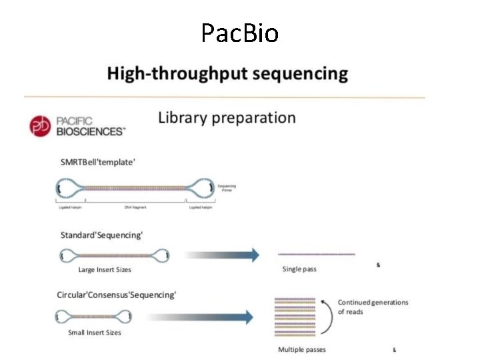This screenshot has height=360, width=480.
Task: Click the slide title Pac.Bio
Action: click(239, 32)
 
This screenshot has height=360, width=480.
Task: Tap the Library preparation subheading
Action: click(227, 118)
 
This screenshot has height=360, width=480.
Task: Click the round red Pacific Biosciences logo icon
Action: click(40, 126)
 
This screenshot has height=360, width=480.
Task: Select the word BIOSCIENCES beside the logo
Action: click(89, 131)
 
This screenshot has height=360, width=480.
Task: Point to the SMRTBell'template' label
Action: click(98, 162)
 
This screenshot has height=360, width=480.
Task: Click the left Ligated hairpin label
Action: click(69, 208)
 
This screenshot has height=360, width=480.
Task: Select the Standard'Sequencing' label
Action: click(101, 235)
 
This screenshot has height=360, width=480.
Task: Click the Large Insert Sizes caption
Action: click(105, 269)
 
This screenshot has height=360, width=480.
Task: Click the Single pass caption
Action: click(299, 269)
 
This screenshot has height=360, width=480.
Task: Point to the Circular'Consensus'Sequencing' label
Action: click(118, 295)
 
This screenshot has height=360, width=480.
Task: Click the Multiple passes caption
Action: click(302, 349)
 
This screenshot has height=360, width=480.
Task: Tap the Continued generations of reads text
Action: click(373, 307)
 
